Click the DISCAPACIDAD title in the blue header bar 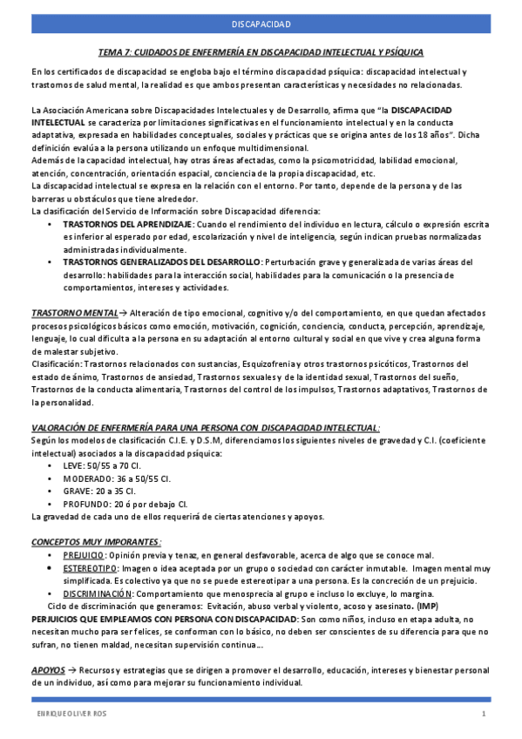pyautogui.click(x=261, y=24)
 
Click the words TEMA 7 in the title pyautogui.click(x=114, y=52)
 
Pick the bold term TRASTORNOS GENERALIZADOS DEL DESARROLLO pyautogui.click(x=161, y=261)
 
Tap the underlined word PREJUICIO pyautogui.click(x=85, y=554)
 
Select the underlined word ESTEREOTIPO pyautogui.click(x=90, y=567)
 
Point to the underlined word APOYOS pyautogui.click(x=46, y=668)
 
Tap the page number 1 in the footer pyautogui.click(x=483, y=715)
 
